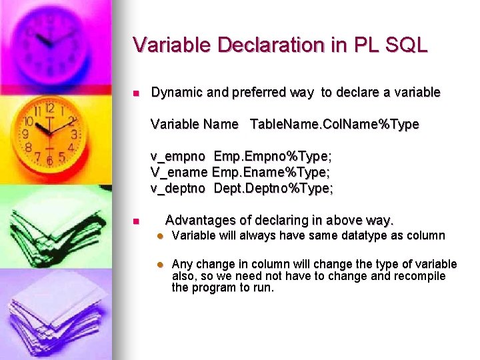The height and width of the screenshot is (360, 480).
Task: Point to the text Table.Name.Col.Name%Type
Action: pyautogui.click(x=335, y=124)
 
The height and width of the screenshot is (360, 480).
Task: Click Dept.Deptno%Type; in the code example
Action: pyautogui.click(x=273, y=189)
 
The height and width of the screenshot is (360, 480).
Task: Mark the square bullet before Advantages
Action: pyautogui.click(x=135, y=221)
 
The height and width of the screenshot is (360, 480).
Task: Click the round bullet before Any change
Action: pyautogui.click(x=160, y=265)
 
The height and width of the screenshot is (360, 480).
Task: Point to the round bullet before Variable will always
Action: pyautogui.click(x=160, y=236)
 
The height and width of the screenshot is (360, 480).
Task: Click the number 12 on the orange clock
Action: pyautogui.click(x=49, y=108)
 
